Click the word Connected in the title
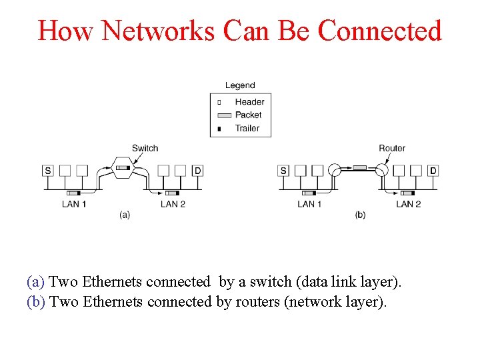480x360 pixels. click(379, 31)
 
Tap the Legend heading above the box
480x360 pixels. click(240, 85)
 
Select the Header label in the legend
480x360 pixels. click(249, 102)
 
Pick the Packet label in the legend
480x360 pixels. click(248, 115)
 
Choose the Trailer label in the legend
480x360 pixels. click(247, 128)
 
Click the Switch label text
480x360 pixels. click(145, 148)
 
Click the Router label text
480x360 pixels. click(392, 148)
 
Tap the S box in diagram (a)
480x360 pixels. click(48, 171)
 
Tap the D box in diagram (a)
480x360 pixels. click(197, 171)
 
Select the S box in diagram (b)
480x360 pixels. click(284, 171)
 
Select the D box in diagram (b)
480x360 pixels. click(433, 171)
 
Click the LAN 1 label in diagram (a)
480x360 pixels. click(74, 204)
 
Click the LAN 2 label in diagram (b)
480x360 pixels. click(409, 204)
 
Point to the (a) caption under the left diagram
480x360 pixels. click(124, 215)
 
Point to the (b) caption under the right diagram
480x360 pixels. click(360, 215)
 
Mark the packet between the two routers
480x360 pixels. click(359, 167)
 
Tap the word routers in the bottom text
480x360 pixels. click(256, 302)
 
